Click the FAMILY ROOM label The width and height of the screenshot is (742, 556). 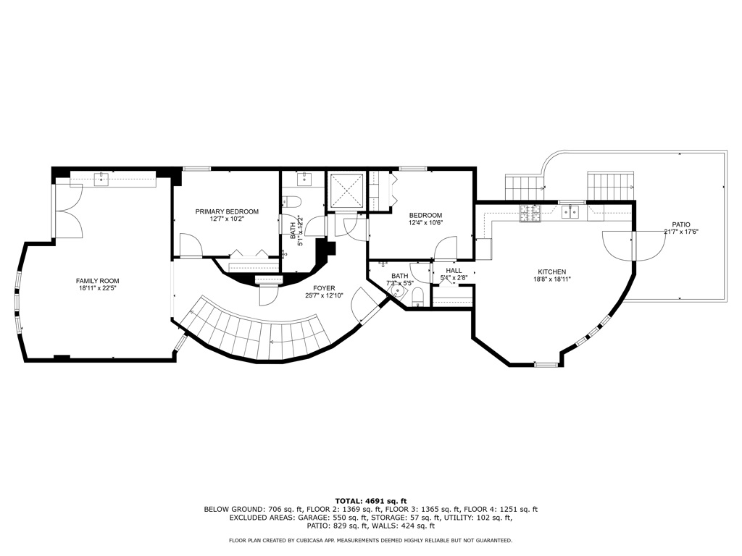98,281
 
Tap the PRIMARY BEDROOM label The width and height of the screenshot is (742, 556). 226,211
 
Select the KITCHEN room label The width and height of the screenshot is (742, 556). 551,271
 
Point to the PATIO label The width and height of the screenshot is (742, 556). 680,224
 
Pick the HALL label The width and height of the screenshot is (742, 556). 454,271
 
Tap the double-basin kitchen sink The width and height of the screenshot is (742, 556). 572,211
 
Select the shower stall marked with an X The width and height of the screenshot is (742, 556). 346,191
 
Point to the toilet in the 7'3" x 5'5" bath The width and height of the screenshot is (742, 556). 418,297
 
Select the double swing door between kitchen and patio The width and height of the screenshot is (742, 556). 633,245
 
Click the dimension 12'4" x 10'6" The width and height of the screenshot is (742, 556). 425,223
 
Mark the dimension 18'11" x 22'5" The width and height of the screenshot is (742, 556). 98,289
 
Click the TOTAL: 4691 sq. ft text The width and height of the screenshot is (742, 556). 370,501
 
